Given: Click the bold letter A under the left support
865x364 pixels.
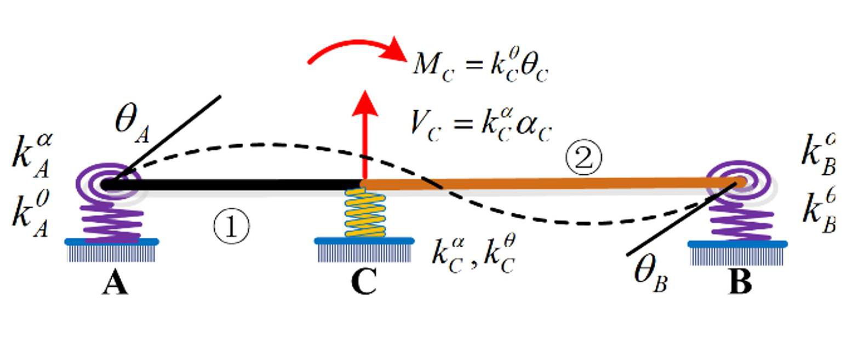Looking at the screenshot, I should (x=115, y=283).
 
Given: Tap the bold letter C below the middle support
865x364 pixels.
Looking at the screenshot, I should (x=363, y=283).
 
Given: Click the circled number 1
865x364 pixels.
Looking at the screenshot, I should (x=231, y=227).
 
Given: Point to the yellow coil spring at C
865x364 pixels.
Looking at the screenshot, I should (x=364, y=213).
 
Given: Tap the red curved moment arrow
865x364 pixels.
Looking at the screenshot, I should (x=356, y=48).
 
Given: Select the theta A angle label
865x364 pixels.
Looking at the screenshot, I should (x=131, y=123).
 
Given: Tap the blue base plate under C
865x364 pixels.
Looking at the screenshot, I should (x=364, y=241).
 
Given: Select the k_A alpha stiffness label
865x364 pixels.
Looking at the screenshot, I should (x=32, y=156).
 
